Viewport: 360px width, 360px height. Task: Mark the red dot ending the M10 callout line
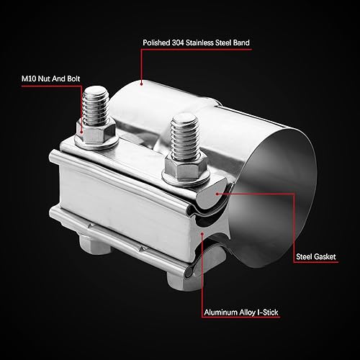(x=81, y=132)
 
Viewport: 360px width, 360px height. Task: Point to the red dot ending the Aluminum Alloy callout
(x=202, y=235)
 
